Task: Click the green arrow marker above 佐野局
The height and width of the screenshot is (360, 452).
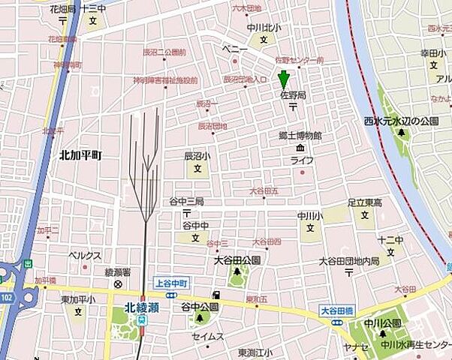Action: pyautogui.click(x=284, y=79)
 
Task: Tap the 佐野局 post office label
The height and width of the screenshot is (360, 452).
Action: pyautogui.click(x=292, y=95)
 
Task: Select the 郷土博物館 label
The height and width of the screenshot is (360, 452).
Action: pyautogui.click(x=300, y=136)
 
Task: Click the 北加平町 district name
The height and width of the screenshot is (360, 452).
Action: pyautogui.click(x=80, y=154)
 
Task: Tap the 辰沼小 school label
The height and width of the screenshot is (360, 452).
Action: pyautogui.click(x=197, y=157)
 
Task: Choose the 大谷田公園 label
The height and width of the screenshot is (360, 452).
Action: pyautogui.click(x=237, y=260)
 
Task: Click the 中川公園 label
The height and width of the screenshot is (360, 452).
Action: pyautogui.click(x=382, y=322)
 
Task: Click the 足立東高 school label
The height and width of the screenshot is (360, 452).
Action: pyautogui.click(x=365, y=202)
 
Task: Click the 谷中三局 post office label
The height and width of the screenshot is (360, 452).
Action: pyautogui.click(x=186, y=202)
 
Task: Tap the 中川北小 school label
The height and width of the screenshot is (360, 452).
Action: pyautogui.click(x=263, y=29)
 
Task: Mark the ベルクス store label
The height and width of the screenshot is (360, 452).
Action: pyautogui.click(x=85, y=255)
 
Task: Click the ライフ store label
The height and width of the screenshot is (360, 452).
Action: pyautogui.click(x=302, y=160)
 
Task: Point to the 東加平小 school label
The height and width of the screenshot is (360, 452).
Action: pyautogui.click(x=78, y=300)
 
